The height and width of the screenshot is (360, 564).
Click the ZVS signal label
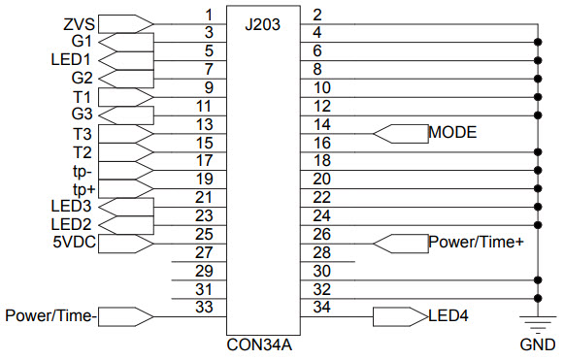pos(81,22)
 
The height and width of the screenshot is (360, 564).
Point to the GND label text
pos(537,344)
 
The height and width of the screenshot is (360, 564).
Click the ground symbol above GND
pos(537,321)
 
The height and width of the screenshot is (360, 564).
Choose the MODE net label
pos(452,132)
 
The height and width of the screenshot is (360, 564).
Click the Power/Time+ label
pos(476,242)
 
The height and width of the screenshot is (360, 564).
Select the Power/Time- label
pos(51,315)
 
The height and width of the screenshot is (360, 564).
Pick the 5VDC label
pos(74,242)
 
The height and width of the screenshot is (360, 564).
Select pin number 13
pos(204,124)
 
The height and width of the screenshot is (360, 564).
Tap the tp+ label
pos(83,187)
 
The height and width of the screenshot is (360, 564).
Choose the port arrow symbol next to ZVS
pos(126,22)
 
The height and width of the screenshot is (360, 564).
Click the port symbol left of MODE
pos(400,132)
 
